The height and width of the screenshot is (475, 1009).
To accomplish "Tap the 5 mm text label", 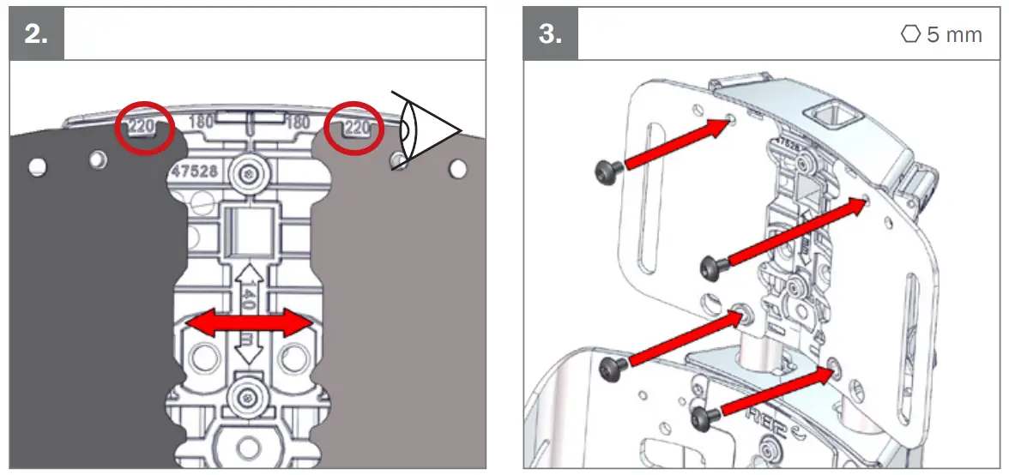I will (x=954, y=36).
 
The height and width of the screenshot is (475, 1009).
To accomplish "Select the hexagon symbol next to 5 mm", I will (x=911, y=35).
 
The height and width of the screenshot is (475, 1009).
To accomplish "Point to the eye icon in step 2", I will (x=425, y=129).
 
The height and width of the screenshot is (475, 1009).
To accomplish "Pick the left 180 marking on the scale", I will (x=200, y=123).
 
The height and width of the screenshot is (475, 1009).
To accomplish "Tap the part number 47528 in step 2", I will (x=195, y=171).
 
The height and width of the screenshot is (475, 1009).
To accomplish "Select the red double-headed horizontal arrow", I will (x=250, y=323).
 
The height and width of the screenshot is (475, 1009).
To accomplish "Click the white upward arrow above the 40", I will (x=249, y=275).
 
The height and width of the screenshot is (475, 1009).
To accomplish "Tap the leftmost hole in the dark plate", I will (x=37, y=166).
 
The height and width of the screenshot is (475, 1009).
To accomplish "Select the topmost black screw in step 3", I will (x=607, y=172).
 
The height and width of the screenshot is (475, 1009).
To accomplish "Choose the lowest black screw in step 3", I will (x=704, y=418).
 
